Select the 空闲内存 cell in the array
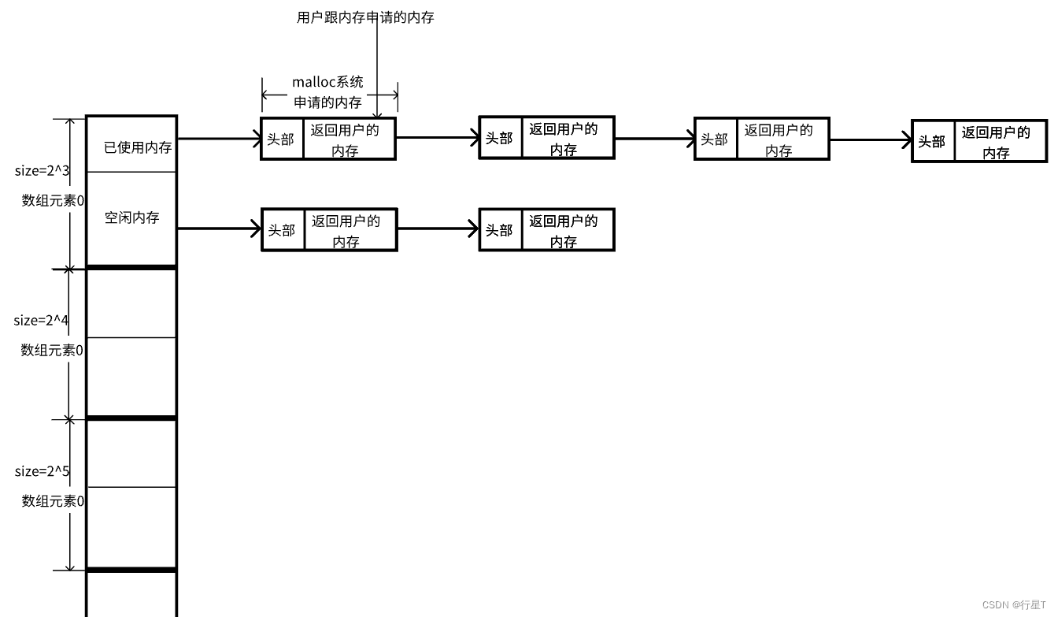pos(131,217)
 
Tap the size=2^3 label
pos(42,171)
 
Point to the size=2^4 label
pos(41,321)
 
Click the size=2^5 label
pos(42,471)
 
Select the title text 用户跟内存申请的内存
pos(365,17)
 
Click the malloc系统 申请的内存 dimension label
pos(328,92)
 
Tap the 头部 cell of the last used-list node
pos(933,142)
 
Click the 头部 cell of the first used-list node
pos(282,139)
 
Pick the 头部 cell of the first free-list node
pos(282,230)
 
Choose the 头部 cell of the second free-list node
pos(500,230)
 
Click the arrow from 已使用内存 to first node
pos(219,139)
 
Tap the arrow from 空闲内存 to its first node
pos(219,229)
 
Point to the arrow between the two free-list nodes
pos(438,229)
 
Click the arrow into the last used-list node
pos(870,140)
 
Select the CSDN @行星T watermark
pos(1014,605)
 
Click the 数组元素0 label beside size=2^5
pos(53,500)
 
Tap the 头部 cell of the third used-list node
pos(716,139)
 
